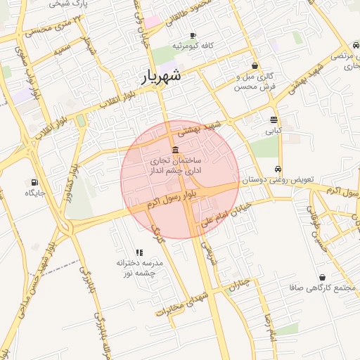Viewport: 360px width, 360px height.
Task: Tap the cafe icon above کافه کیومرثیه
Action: coord(193,35)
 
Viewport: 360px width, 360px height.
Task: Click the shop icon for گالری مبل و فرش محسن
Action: coord(255,65)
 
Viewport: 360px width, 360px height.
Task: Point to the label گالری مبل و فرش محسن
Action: coord(255,81)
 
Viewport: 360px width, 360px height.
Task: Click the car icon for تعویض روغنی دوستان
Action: coord(279,169)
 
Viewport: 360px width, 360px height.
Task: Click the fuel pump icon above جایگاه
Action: coord(34,181)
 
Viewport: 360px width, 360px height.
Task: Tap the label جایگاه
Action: coord(35,193)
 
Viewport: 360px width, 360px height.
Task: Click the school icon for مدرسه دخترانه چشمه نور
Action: coord(139,252)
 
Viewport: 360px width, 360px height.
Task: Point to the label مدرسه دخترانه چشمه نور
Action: coord(139,267)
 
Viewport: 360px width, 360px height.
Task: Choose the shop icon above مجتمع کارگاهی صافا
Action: coord(322,278)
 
